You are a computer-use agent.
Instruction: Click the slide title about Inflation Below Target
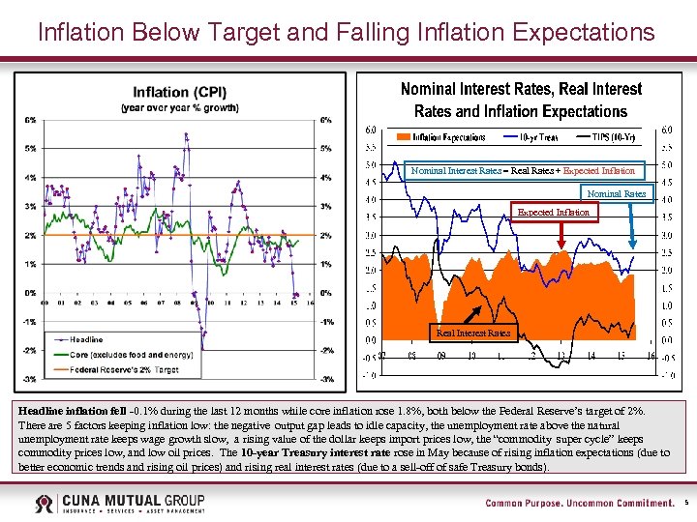tap(347, 32)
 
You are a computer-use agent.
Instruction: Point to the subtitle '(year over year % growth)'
tap(180, 107)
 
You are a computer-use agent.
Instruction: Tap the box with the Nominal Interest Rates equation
tap(523, 170)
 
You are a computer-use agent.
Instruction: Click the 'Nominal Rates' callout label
tap(617, 193)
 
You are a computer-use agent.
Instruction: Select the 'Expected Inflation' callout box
tap(553, 212)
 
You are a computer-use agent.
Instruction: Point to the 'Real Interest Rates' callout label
tap(473, 333)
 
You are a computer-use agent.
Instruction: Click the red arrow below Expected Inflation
tap(563, 238)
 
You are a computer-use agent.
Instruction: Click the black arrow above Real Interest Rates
tap(476, 314)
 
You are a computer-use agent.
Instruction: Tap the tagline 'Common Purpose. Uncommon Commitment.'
tap(579, 503)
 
